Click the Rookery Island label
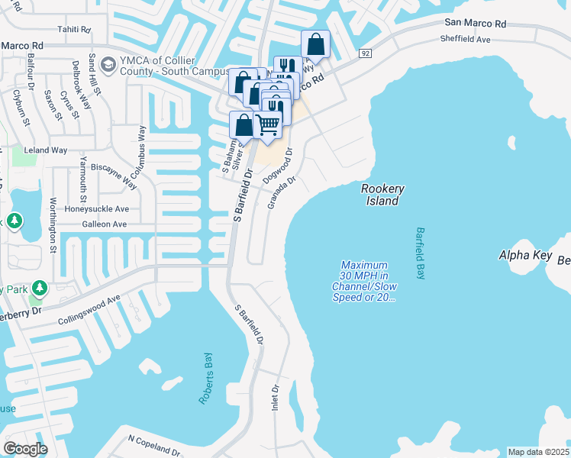382,195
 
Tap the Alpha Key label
524,254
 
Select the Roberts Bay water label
207,379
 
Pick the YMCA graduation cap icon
107,63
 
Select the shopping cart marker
267,124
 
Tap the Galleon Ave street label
104,225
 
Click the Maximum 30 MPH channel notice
364,281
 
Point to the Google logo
25,448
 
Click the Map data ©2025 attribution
538,452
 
